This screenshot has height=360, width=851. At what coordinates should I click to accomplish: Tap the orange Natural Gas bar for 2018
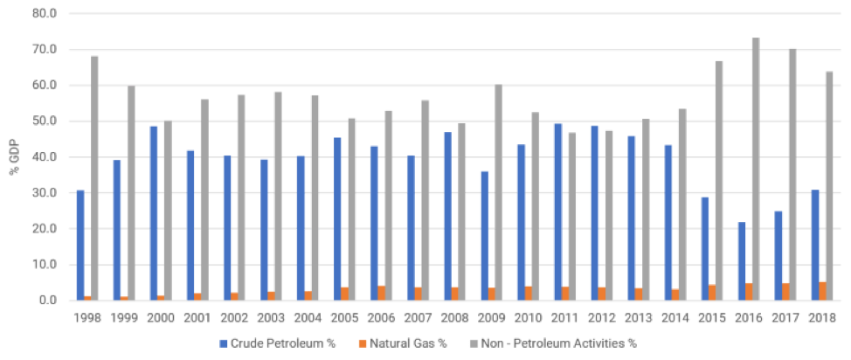pyautogui.click(x=822, y=290)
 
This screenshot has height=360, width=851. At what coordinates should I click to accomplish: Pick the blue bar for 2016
pyautogui.click(x=742, y=260)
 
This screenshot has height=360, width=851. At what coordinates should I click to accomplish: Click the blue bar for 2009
pyautogui.click(x=484, y=235)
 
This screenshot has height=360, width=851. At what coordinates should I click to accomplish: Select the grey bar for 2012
pyautogui.click(x=608, y=215)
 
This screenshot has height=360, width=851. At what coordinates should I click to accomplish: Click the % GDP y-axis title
pyautogui.click(x=10, y=157)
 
